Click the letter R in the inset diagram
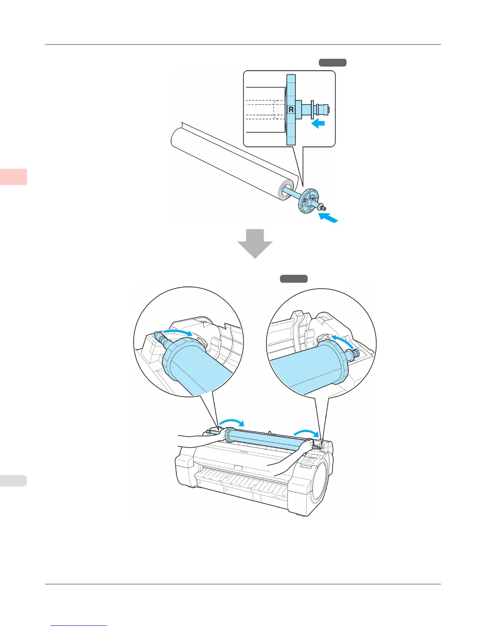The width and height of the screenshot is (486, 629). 291,109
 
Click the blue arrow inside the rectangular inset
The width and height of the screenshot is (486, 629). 318,124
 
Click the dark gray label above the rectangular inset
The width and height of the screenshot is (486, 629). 332,62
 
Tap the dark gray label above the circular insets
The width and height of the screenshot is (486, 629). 294,279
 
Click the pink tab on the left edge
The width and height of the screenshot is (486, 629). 13,177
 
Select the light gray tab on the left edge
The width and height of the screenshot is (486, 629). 13,480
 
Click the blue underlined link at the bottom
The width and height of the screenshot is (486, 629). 79,625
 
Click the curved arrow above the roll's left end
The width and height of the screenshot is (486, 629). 232,422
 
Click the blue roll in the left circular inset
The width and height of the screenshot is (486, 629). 195,365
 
